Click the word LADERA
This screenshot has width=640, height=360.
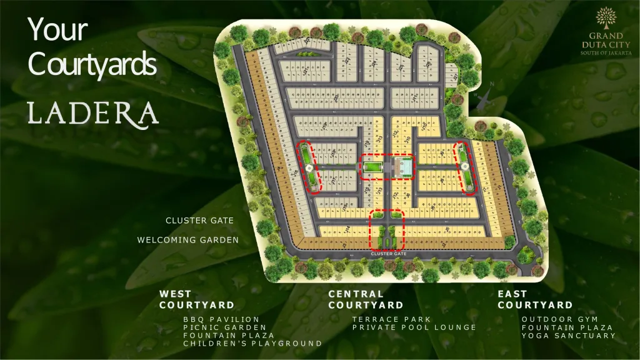click(92, 113)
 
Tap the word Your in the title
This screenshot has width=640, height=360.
click(57, 30)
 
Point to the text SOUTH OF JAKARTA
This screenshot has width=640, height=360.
click(605, 54)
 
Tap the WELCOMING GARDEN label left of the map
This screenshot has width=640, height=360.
click(188, 240)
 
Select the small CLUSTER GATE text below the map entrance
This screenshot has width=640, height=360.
click(389, 254)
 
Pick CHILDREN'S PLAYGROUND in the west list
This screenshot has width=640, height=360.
click(252, 343)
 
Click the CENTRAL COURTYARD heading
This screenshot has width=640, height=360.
click(366, 299)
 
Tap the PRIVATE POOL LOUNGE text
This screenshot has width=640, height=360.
click(414, 327)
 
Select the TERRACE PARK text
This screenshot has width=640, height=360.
click(387, 319)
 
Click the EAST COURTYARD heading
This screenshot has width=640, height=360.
click(535, 299)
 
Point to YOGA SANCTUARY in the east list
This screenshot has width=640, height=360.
click(569, 336)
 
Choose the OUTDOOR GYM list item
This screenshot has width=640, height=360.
click(551, 319)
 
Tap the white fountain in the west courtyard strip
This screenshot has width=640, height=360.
click(309, 167)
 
